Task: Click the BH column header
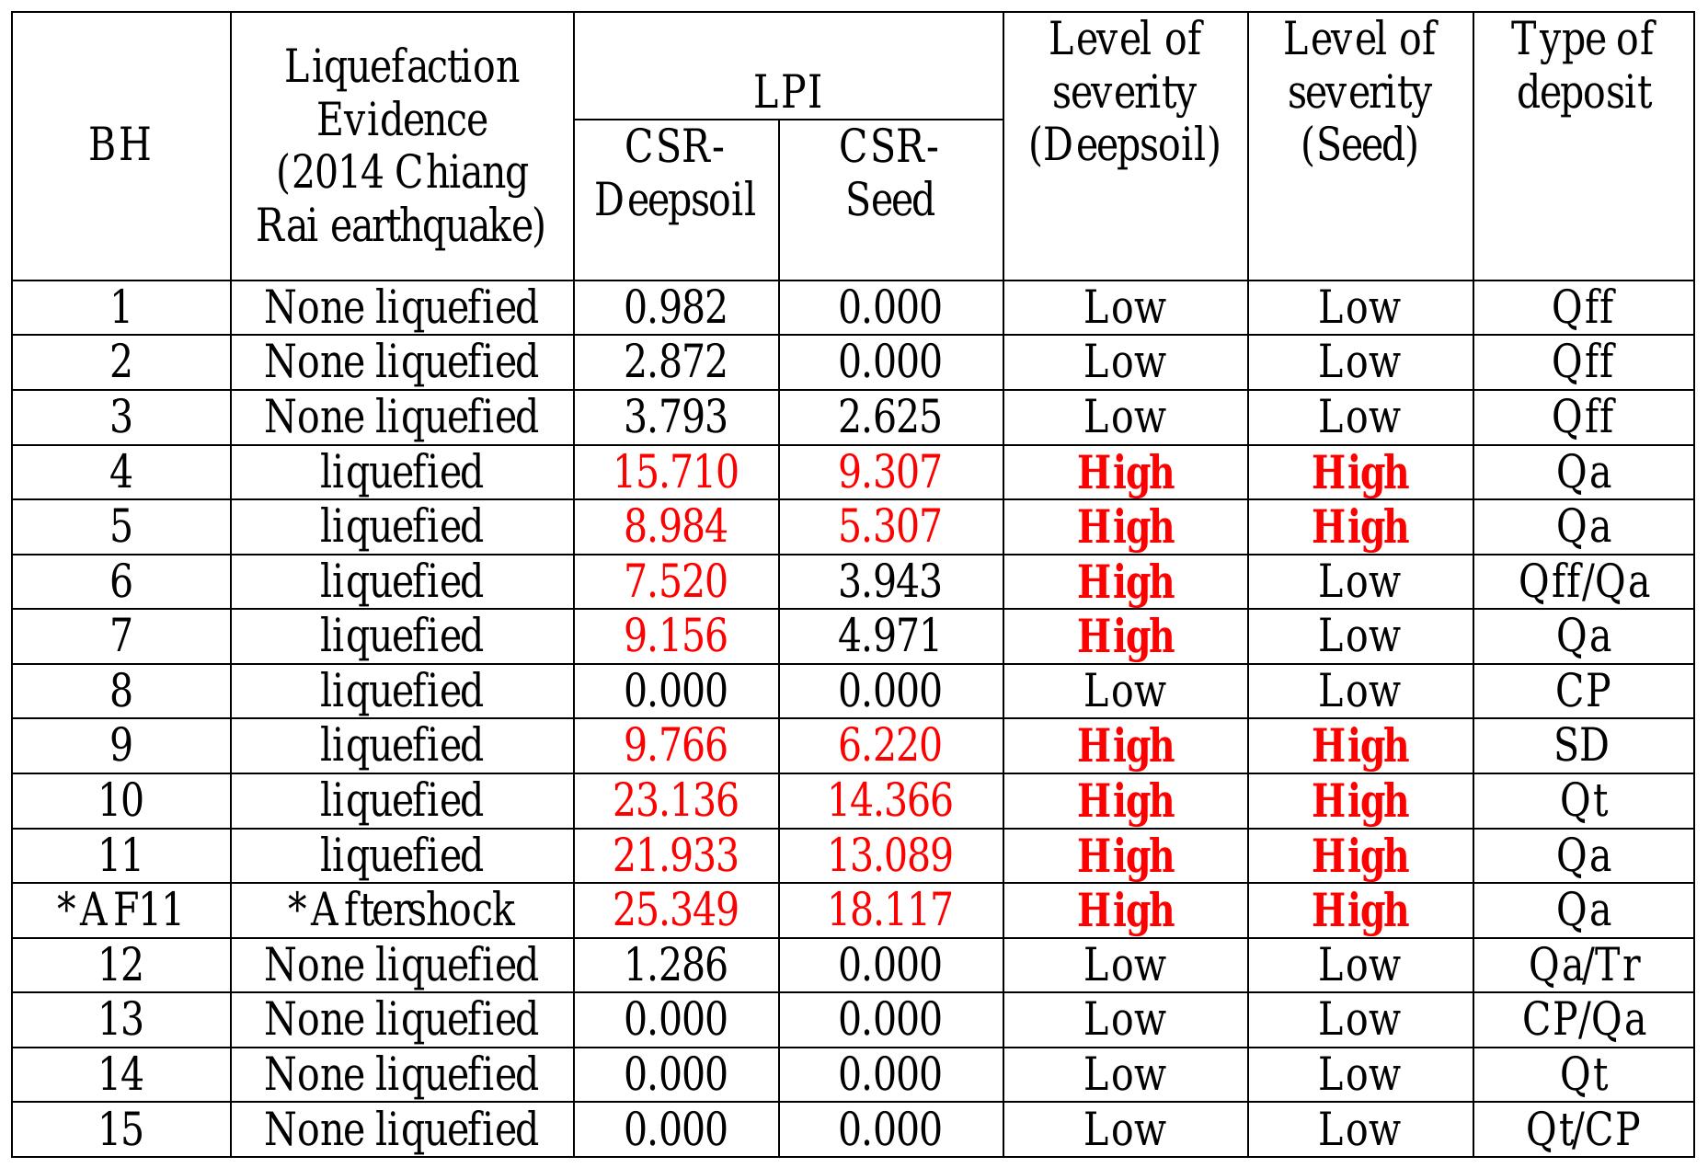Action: coord(120,145)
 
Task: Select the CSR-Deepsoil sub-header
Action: coord(675,173)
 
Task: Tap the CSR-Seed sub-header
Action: coord(889,173)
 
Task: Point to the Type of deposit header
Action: coord(1583,65)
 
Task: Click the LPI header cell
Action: coord(787,92)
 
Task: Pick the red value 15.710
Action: coord(675,472)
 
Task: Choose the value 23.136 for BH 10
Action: coord(675,800)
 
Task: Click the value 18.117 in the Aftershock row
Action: coord(889,910)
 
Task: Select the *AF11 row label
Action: coord(120,910)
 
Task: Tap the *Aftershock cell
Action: coord(401,910)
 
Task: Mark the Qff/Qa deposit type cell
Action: coord(1583,581)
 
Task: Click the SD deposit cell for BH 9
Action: coord(1583,745)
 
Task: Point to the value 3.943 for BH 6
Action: coord(889,581)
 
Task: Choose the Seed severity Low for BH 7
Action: coord(1359,636)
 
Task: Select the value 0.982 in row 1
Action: coord(675,307)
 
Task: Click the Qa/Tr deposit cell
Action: coord(1583,965)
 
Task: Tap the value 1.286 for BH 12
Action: coord(675,965)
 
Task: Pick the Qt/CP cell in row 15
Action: coord(1583,1129)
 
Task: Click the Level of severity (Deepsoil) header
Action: coord(1124,92)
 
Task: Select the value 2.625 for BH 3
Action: coord(889,417)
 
